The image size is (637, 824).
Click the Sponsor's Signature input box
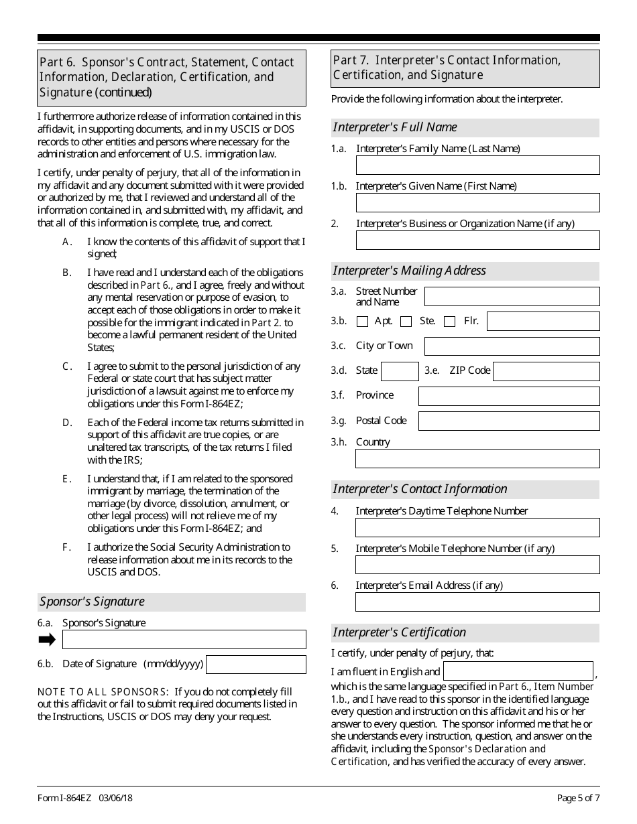(x=184, y=639)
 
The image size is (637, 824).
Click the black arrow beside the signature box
(x=47, y=639)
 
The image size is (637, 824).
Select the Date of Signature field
(x=255, y=665)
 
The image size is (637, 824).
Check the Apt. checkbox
(x=362, y=322)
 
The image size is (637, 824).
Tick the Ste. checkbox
(x=406, y=322)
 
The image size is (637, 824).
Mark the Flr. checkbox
(x=449, y=322)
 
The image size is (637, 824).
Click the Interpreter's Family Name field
(x=477, y=165)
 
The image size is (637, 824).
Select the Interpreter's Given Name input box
(x=477, y=203)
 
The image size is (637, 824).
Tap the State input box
(x=400, y=371)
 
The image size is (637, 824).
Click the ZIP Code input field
(x=546, y=371)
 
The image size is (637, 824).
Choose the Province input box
(x=509, y=396)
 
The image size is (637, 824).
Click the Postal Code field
(x=509, y=421)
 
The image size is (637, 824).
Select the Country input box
(x=477, y=458)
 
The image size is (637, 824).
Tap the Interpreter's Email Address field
(x=477, y=602)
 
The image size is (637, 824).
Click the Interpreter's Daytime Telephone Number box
(x=477, y=527)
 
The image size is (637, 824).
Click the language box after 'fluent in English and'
(x=518, y=671)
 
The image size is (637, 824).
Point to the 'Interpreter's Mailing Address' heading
(x=409, y=271)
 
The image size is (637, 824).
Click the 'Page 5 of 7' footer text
(x=578, y=798)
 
